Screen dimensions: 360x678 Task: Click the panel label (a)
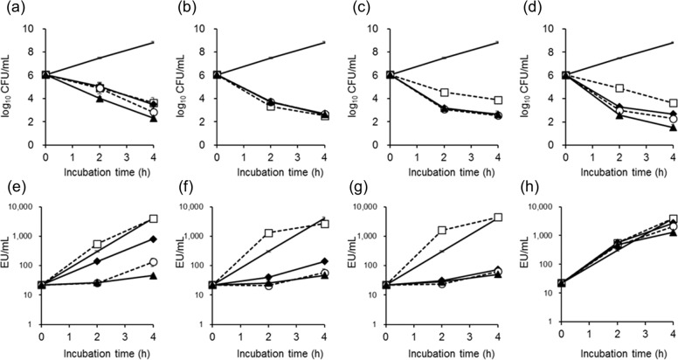point(10,8)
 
